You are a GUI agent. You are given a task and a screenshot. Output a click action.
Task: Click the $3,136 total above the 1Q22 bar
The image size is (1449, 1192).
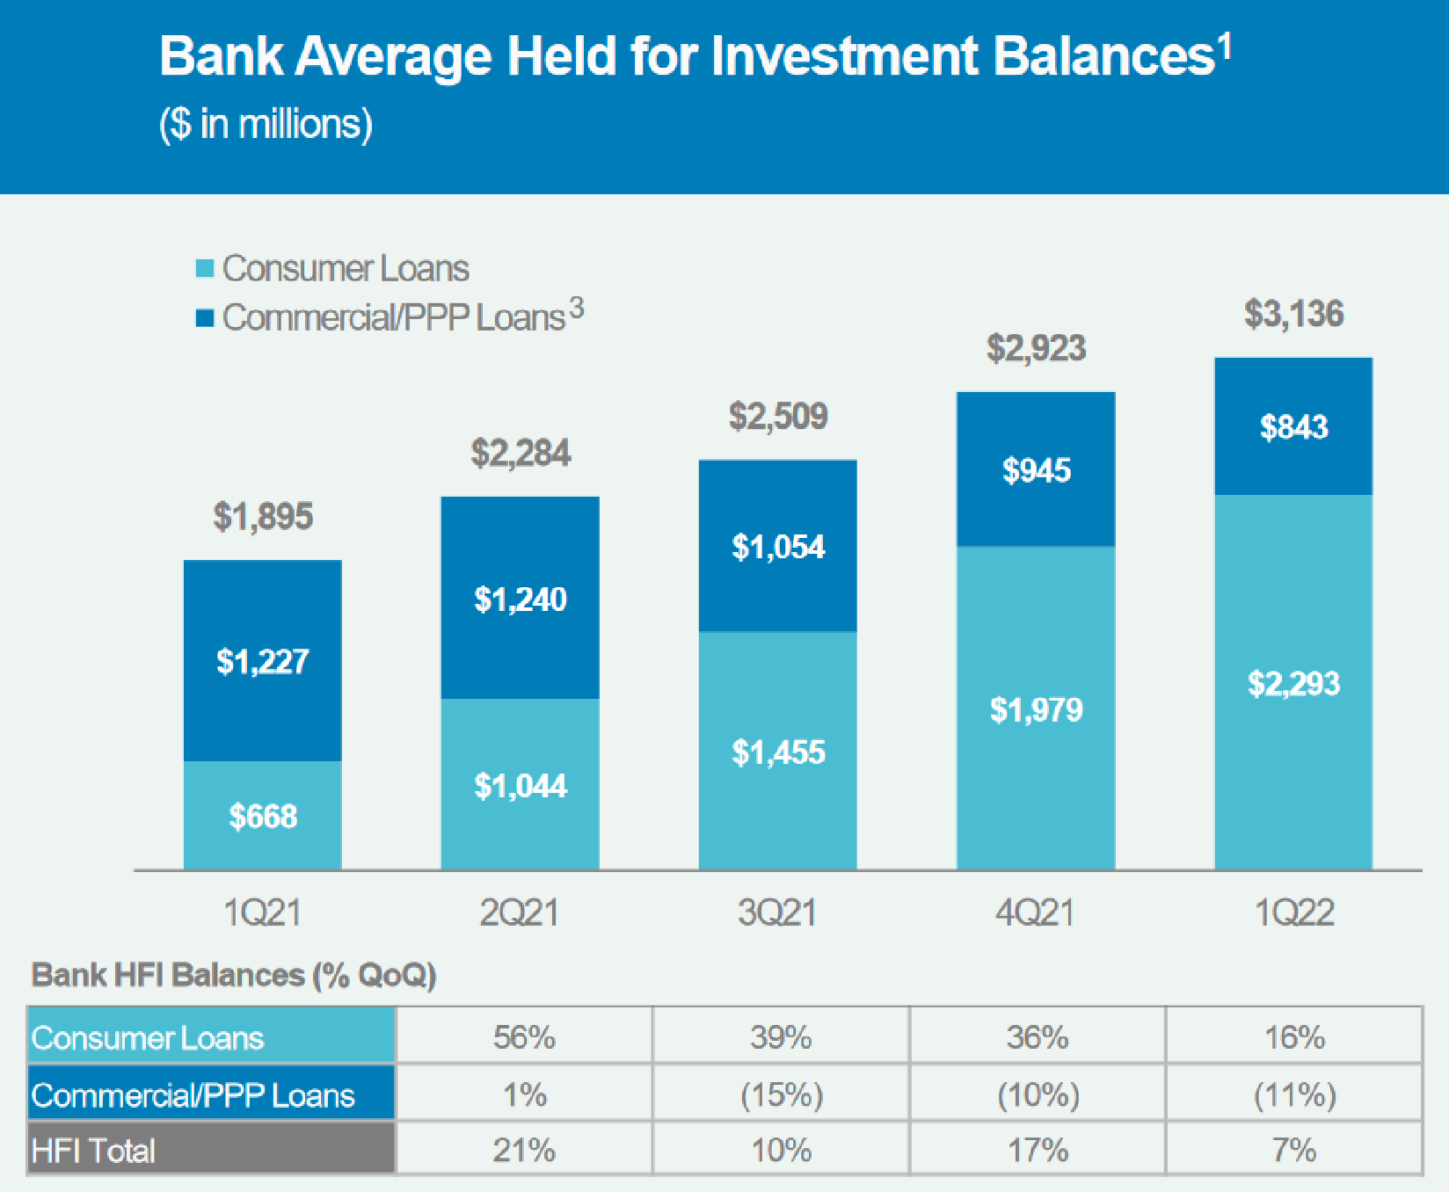pyautogui.click(x=1293, y=314)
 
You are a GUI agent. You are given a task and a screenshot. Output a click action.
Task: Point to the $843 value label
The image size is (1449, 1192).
pyautogui.click(x=1293, y=427)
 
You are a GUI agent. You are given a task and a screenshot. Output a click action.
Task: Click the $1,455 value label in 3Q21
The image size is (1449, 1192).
pyautogui.click(x=778, y=752)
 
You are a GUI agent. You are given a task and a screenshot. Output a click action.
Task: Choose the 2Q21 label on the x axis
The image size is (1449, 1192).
pyautogui.click(x=519, y=912)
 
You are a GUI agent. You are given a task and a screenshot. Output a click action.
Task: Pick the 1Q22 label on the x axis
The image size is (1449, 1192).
pyautogui.click(x=1293, y=912)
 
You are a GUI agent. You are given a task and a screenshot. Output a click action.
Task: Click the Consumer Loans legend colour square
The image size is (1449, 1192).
pyautogui.click(x=205, y=268)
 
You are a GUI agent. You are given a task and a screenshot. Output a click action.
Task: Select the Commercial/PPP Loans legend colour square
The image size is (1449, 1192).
pyautogui.click(x=205, y=317)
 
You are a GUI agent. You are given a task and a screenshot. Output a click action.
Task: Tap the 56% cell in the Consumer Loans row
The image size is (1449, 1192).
pyautogui.click(x=524, y=1037)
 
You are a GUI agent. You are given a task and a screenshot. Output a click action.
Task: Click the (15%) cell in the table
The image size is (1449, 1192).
pyautogui.click(x=781, y=1094)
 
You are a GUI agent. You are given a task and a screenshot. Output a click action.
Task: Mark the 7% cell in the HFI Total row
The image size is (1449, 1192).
pyautogui.click(x=1293, y=1150)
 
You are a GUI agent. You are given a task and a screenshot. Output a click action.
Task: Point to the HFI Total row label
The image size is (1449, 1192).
pyautogui.click(x=93, y=1150)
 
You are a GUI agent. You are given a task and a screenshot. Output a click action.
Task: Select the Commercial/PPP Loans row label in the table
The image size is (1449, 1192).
pyautogui.click(x=193, y=1095)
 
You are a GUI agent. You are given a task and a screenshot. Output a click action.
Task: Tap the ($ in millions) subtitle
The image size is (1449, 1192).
pyautogui.click(x=266, y=124)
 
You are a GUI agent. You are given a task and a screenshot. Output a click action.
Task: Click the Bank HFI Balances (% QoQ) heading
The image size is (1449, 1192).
pyautogui.click(x=234, y=975)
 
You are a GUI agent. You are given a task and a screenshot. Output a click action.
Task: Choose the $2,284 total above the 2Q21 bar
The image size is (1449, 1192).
pyautogui.click(x=521, y=454)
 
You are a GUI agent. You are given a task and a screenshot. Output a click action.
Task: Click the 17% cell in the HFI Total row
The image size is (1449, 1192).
pyautogui.click(x=1038, y=1150)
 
